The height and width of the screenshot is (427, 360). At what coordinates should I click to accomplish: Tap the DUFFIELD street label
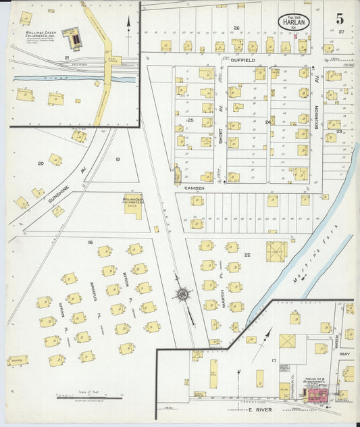click(x=241, y=60)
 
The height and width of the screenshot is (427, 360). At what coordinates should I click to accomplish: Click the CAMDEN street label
click(x=195, y=188)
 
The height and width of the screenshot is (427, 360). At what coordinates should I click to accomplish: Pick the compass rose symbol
click(x=182, y=294)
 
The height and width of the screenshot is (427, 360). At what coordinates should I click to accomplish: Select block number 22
click(x=248, y=254)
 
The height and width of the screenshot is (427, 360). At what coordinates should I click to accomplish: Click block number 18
click(x=88, y=241)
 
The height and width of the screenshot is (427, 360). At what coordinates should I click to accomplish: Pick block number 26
click(x=236, y=28)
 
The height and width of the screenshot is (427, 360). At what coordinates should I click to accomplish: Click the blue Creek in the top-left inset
click(x=54, y=78)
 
